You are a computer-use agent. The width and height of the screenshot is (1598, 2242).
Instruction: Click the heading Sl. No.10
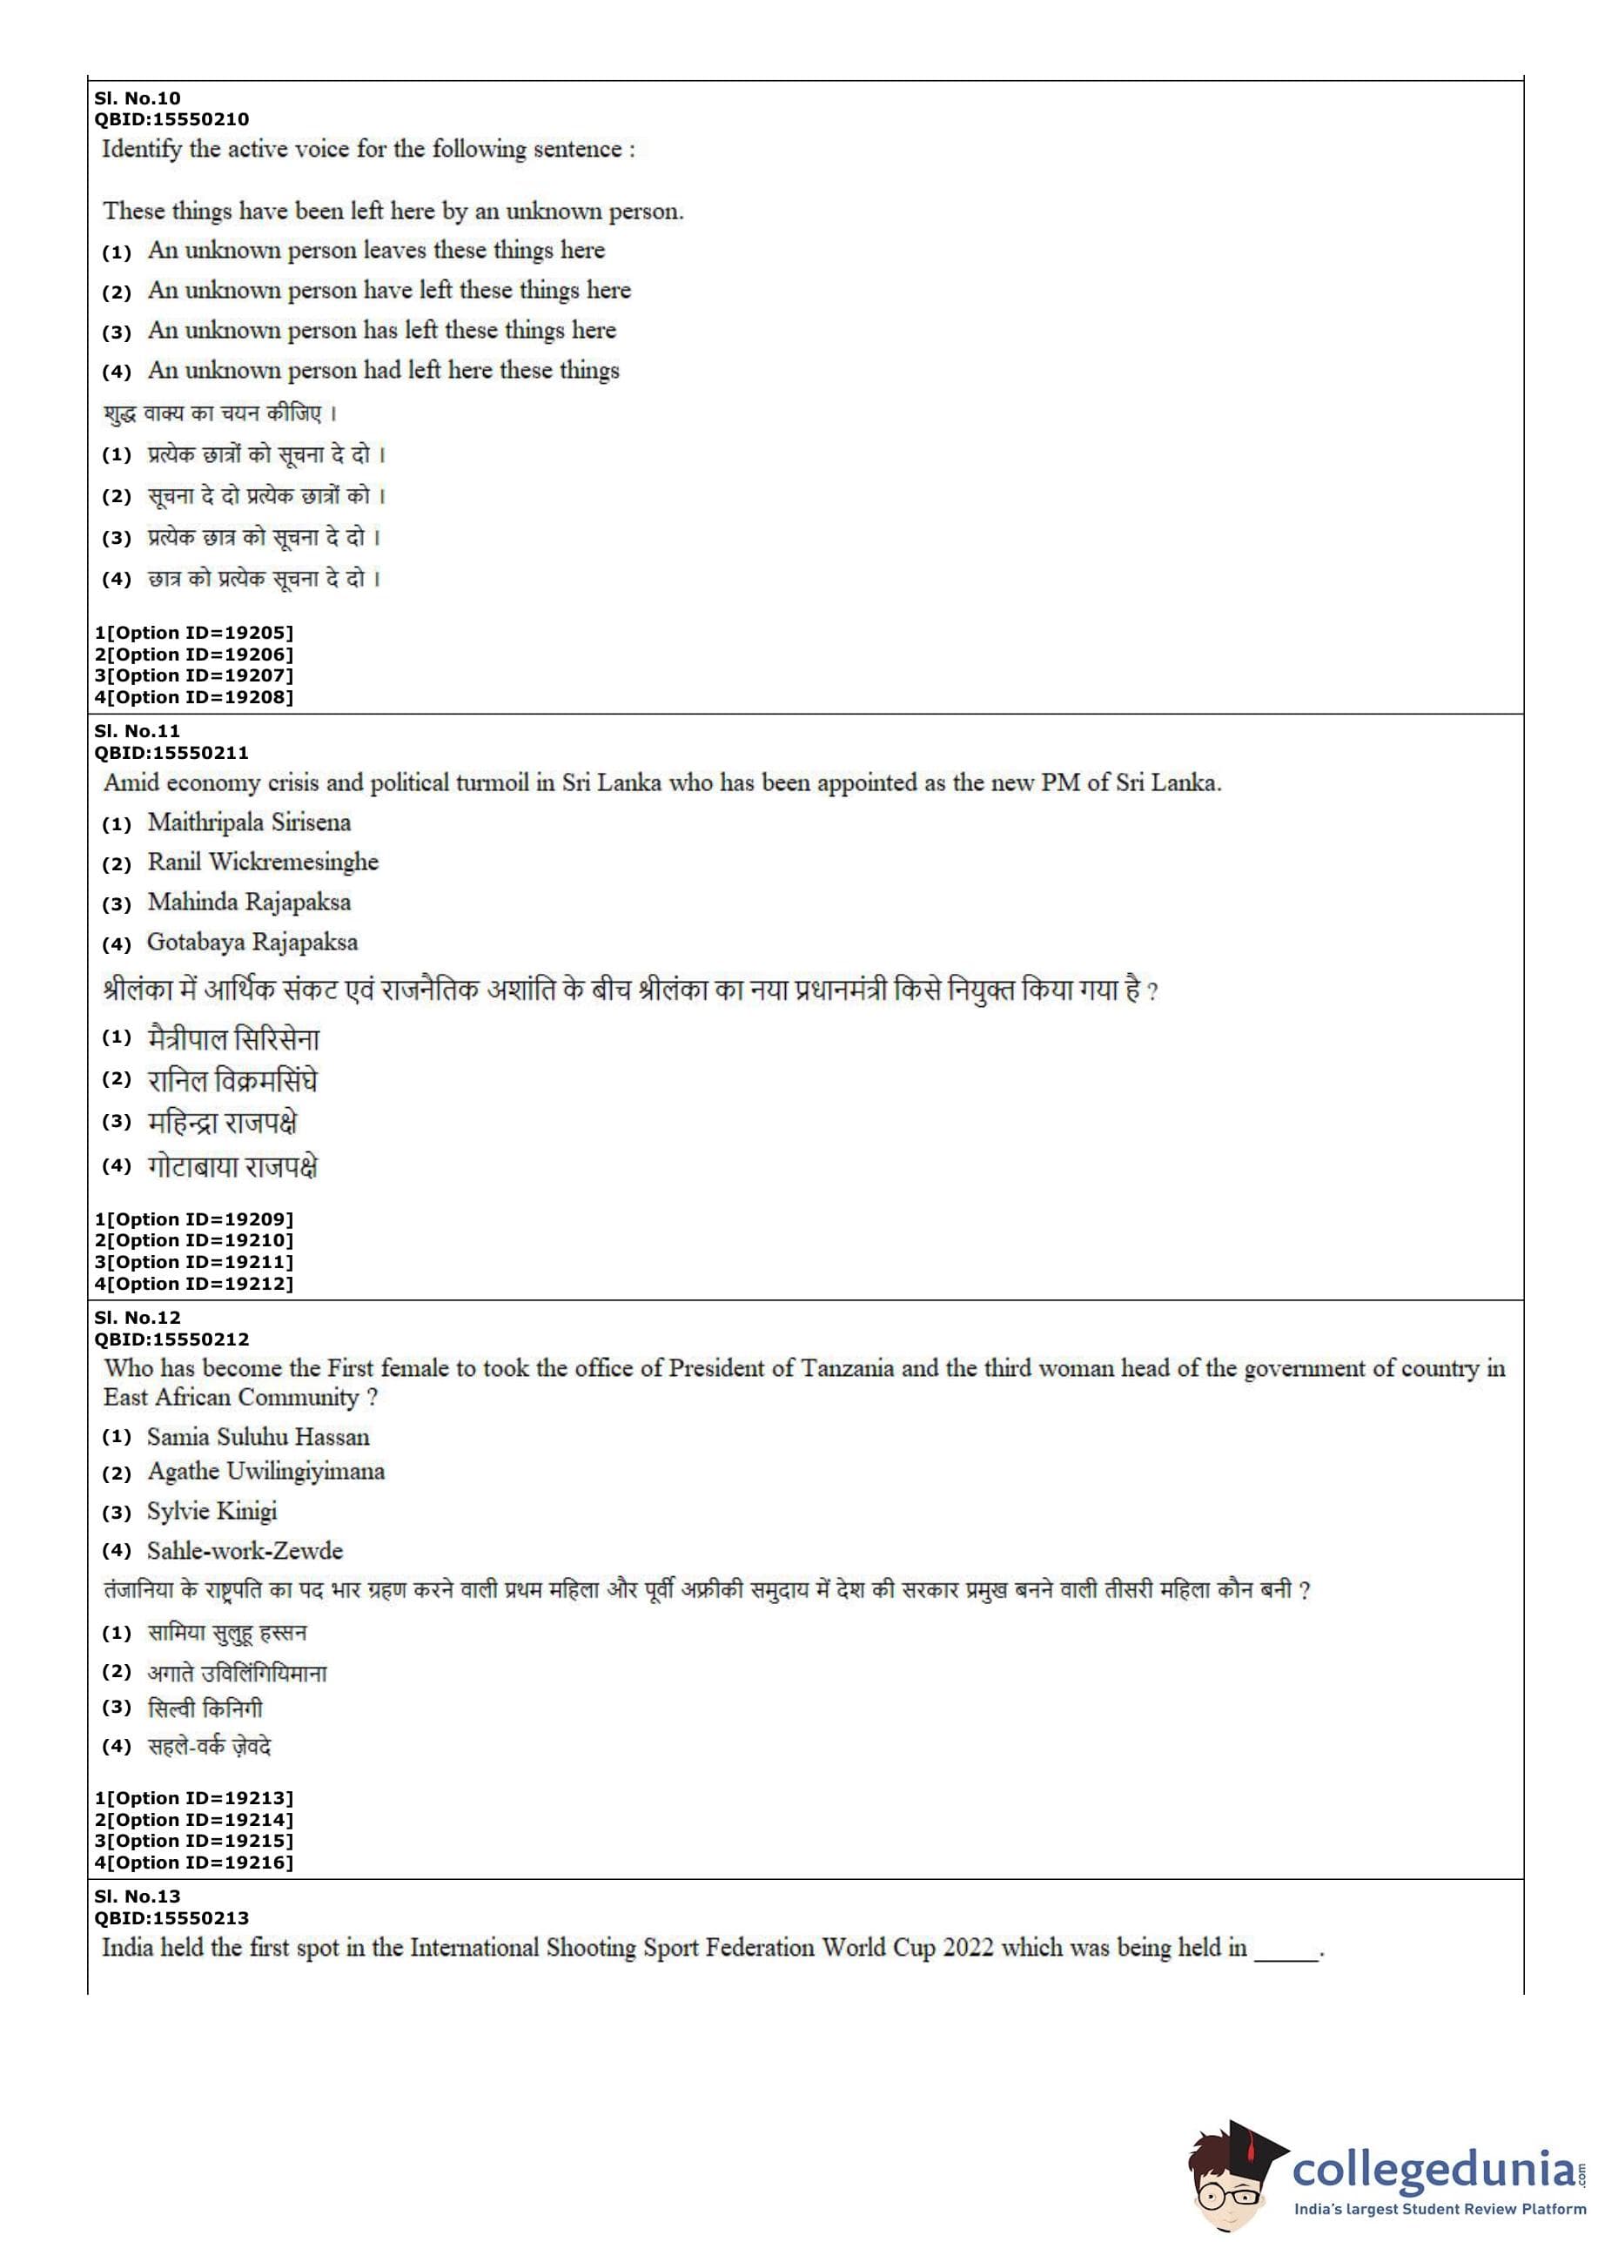(x=137, y=98)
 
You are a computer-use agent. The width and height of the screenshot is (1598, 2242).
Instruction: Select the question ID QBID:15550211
(x=171, y=753)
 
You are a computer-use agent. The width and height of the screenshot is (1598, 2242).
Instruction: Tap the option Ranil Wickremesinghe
(x=263, y=862)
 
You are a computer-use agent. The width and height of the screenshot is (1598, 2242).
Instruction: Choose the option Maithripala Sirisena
(x=249, y=822)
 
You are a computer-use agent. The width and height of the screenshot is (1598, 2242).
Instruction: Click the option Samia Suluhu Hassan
(x=258, y=1437)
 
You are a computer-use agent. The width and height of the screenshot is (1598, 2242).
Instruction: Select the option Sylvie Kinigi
(x=211, y=1511)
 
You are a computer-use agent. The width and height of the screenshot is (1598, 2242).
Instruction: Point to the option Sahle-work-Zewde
(x=245, y=1552)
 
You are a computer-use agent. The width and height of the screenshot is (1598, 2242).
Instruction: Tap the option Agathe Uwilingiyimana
(x=265, y=1472)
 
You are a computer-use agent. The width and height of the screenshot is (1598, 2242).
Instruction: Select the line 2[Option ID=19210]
(x=194, y=1240)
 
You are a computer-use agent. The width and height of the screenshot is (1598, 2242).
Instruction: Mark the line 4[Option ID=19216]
(x=194, y=1863)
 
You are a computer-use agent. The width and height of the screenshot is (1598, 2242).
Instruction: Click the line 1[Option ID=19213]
(x=194, y=1798)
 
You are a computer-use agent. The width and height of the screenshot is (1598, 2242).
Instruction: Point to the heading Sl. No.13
(x=137, y=1896)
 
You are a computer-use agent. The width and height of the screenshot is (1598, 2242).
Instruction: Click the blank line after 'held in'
(x=1285, y=1950)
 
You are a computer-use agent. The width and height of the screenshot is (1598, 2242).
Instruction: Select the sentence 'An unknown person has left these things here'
(x=382, y=331)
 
